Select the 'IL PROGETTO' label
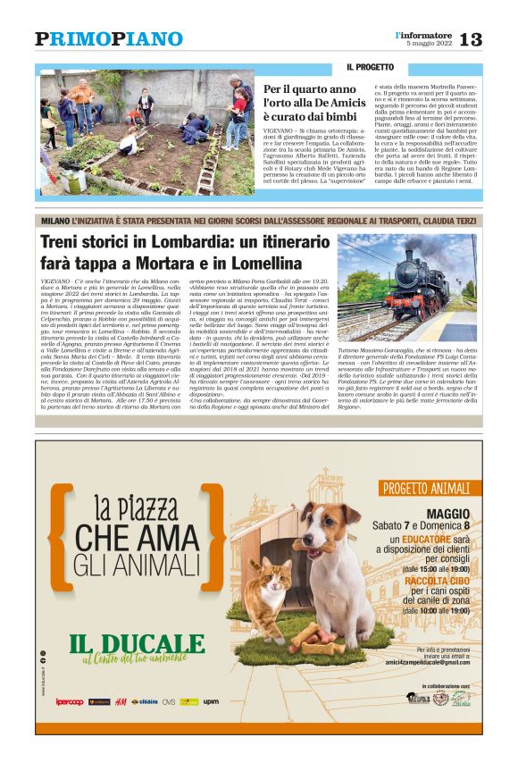click(x=370, y=67)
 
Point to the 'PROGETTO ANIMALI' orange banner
click(x=427, y=488)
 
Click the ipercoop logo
click(x=70, y=702)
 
